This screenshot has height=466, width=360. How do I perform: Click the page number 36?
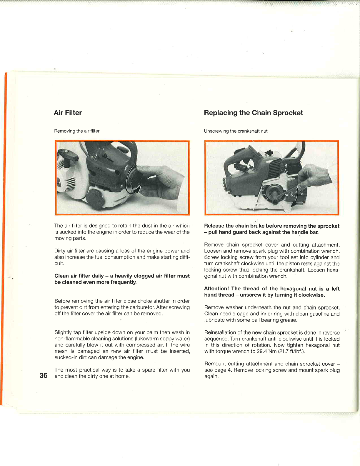click(x=43, y=375)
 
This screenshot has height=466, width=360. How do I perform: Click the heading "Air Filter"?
click(x=68, y=113)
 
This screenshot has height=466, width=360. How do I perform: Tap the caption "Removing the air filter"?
click(x=77, y=131)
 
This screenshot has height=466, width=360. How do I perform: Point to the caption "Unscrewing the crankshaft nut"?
click(x=236, y=131)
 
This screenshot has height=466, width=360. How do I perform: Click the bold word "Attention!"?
click(x=216, y=289)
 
